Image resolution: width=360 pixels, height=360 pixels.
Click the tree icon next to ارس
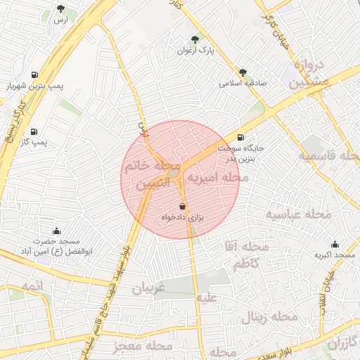pos(61,9)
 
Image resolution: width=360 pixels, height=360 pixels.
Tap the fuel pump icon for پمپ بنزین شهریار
pos(34,75)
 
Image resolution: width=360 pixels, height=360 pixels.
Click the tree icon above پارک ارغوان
pos(195,40)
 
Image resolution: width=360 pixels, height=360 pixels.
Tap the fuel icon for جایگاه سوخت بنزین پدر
pos(242,138)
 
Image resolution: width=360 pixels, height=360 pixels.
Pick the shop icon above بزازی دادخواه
pos(183,207)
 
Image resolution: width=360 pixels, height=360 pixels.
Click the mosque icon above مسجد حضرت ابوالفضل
pos(56,231)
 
